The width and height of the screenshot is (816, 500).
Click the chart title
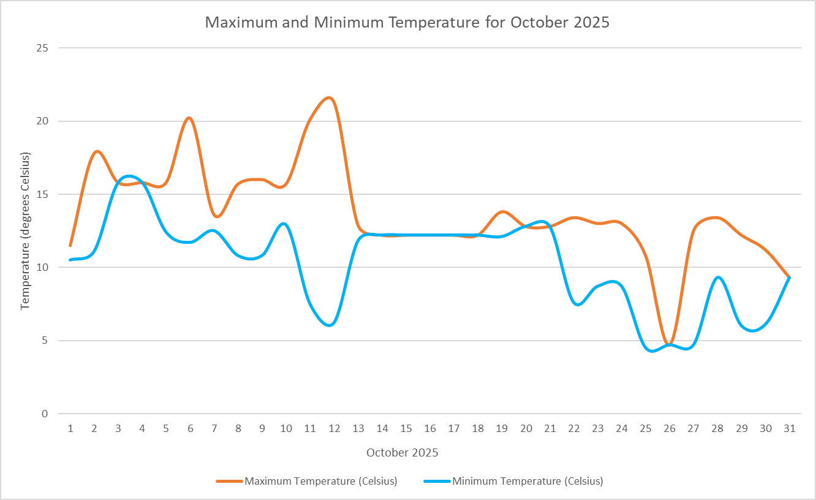[x=407, y=23]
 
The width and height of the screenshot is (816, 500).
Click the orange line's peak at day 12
[x=329, y=98]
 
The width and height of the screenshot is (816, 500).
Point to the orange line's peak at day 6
[x=189, y=118]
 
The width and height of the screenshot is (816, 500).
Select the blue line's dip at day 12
[x=330, y=325]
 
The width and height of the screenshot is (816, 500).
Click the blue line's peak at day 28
[x=718, y=278]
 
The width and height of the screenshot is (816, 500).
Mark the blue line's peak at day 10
[x=284, y=224]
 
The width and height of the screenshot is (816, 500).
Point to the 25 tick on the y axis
[x=44, y=48]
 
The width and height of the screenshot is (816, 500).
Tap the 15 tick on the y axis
[x=44, y=194]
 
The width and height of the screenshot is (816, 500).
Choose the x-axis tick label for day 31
[x=790, y=429]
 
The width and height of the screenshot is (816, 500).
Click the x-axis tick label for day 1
[x=70, y=429]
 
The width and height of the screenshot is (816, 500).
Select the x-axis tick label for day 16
[x=430, y=429]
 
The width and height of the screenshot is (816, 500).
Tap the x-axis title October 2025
[x=402, y=453]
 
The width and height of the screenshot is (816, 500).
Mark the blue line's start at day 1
[x=70, y=260]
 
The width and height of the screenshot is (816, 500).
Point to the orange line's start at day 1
[x=70, y=245]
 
